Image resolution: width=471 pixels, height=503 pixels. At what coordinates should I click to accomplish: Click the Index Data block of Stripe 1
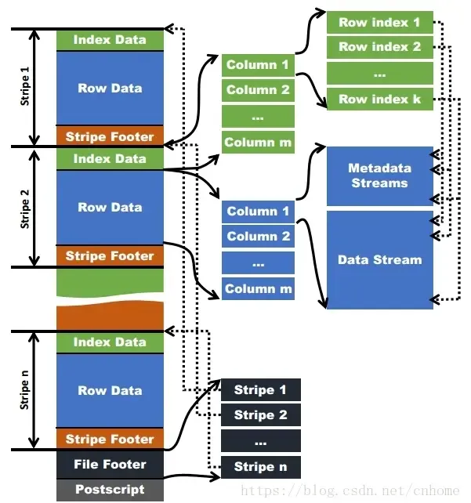tap(110, 40)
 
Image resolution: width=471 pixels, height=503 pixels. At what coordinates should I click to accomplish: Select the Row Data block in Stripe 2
tap(110, 208)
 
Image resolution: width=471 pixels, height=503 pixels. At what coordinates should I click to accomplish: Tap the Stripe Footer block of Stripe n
tap(110, 440)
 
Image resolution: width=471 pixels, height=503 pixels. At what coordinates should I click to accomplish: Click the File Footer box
tap(110, 465)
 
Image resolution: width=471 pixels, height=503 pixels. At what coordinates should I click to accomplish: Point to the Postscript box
tap(110, 490)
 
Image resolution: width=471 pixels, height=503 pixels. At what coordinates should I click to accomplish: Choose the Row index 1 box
tap(379, 23)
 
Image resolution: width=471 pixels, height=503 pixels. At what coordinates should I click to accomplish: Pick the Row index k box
tap(379, 100)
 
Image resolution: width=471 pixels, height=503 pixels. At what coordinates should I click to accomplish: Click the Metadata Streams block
tap(379, 176)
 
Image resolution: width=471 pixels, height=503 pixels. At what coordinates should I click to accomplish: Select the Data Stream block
tap(379, 259)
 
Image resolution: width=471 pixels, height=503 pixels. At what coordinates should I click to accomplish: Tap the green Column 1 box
tap(258, 65)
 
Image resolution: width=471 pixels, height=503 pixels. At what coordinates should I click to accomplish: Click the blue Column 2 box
tap(258, 237)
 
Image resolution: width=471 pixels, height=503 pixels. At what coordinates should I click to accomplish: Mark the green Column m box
tap(258, 143)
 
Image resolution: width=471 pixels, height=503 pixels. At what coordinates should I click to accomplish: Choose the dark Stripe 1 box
tap(260, 390)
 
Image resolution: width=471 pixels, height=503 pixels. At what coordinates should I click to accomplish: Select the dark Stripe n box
tap(260, 467)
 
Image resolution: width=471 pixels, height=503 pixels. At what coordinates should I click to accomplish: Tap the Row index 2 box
tap(379, 47)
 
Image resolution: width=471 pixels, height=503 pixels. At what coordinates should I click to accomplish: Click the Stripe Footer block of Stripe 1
tap(110, 137)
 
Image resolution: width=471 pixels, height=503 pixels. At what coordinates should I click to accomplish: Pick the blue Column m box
tap(258, 289)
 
